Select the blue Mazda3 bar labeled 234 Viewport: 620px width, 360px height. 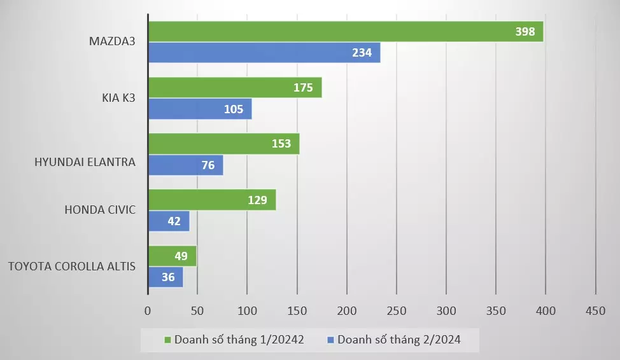point(264,53)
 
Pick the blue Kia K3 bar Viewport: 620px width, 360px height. point(199,109)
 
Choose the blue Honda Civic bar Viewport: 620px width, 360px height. point(169,221)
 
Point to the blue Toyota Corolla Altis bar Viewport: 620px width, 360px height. point(166,277)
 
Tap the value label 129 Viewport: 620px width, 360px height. point(257,200)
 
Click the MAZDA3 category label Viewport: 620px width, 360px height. point(112,42)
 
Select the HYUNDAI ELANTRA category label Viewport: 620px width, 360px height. point(85,162)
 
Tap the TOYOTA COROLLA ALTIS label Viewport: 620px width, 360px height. point(71,266)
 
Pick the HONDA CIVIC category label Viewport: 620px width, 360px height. point(100,209)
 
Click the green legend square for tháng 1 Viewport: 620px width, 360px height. point(168,340)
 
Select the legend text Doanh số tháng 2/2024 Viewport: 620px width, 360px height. point(398,340)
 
